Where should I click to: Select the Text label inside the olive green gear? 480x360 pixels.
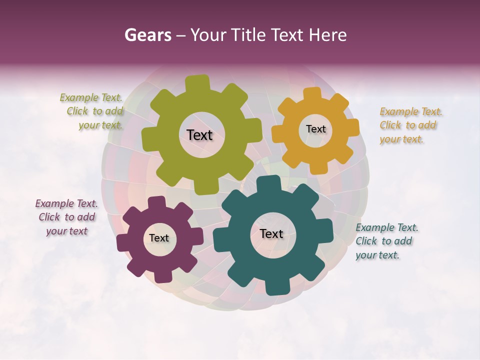click(x=199, y=135)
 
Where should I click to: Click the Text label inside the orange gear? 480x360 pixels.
click(x=315, y=129)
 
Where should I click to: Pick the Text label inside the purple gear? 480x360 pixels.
click(x=159, y=238)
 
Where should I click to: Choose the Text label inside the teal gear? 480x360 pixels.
click(x=271, y=233)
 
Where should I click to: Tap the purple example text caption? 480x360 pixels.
click(x=66, y=217)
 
